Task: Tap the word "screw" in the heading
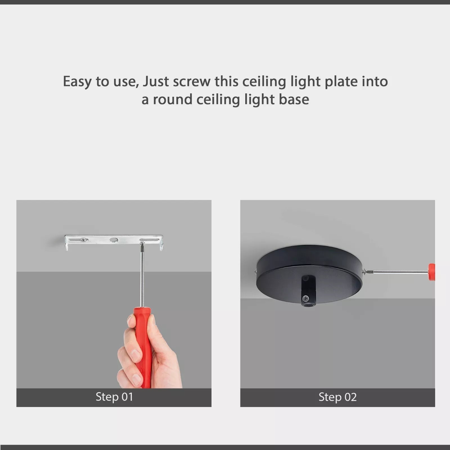[x=192, y=82]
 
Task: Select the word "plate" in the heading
[x=341, y=82]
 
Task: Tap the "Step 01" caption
[x=114, y=397]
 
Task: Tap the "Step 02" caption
[x=337, y=397]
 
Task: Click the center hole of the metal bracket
[x=114, y=240]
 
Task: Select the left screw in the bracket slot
[x=83, y=240]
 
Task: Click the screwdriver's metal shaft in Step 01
[x=142, y=278]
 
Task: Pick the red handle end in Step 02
[x=431, y=272]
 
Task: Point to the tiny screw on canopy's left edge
[x=255, y=272]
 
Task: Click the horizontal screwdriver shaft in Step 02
[x=399, y=271]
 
